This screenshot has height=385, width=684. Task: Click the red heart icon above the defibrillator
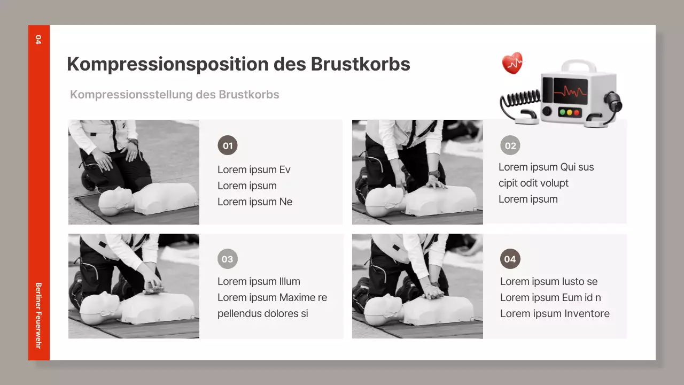512,63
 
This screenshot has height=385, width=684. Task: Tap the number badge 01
228,145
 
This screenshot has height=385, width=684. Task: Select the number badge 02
510,145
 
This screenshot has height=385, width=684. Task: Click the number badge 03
228,259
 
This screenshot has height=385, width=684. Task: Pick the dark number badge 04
510,259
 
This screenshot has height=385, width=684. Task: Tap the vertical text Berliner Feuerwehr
38,315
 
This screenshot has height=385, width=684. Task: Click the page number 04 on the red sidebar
38,39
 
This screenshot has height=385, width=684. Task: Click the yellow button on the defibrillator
569,113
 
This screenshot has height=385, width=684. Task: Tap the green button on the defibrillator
562,113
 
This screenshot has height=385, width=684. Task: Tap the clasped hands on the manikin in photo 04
433,292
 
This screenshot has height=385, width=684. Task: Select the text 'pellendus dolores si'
263,313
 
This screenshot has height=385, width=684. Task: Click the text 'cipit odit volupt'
533,183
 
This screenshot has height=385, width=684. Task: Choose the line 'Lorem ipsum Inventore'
555,313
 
